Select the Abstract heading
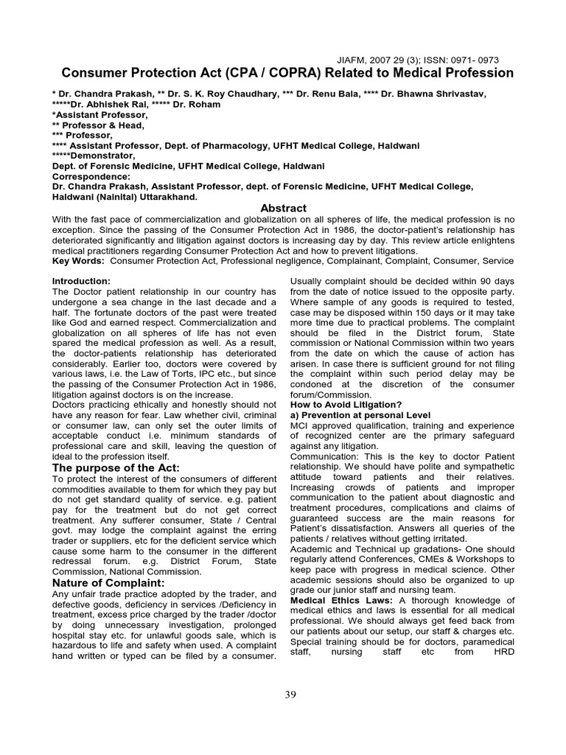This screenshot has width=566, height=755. (284, 209)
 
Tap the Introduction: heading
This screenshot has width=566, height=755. (81, 282)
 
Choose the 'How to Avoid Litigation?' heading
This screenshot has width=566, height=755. (346, 404)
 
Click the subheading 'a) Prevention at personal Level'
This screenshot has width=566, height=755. (360, 415)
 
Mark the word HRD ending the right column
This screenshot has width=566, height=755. (501, 653)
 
